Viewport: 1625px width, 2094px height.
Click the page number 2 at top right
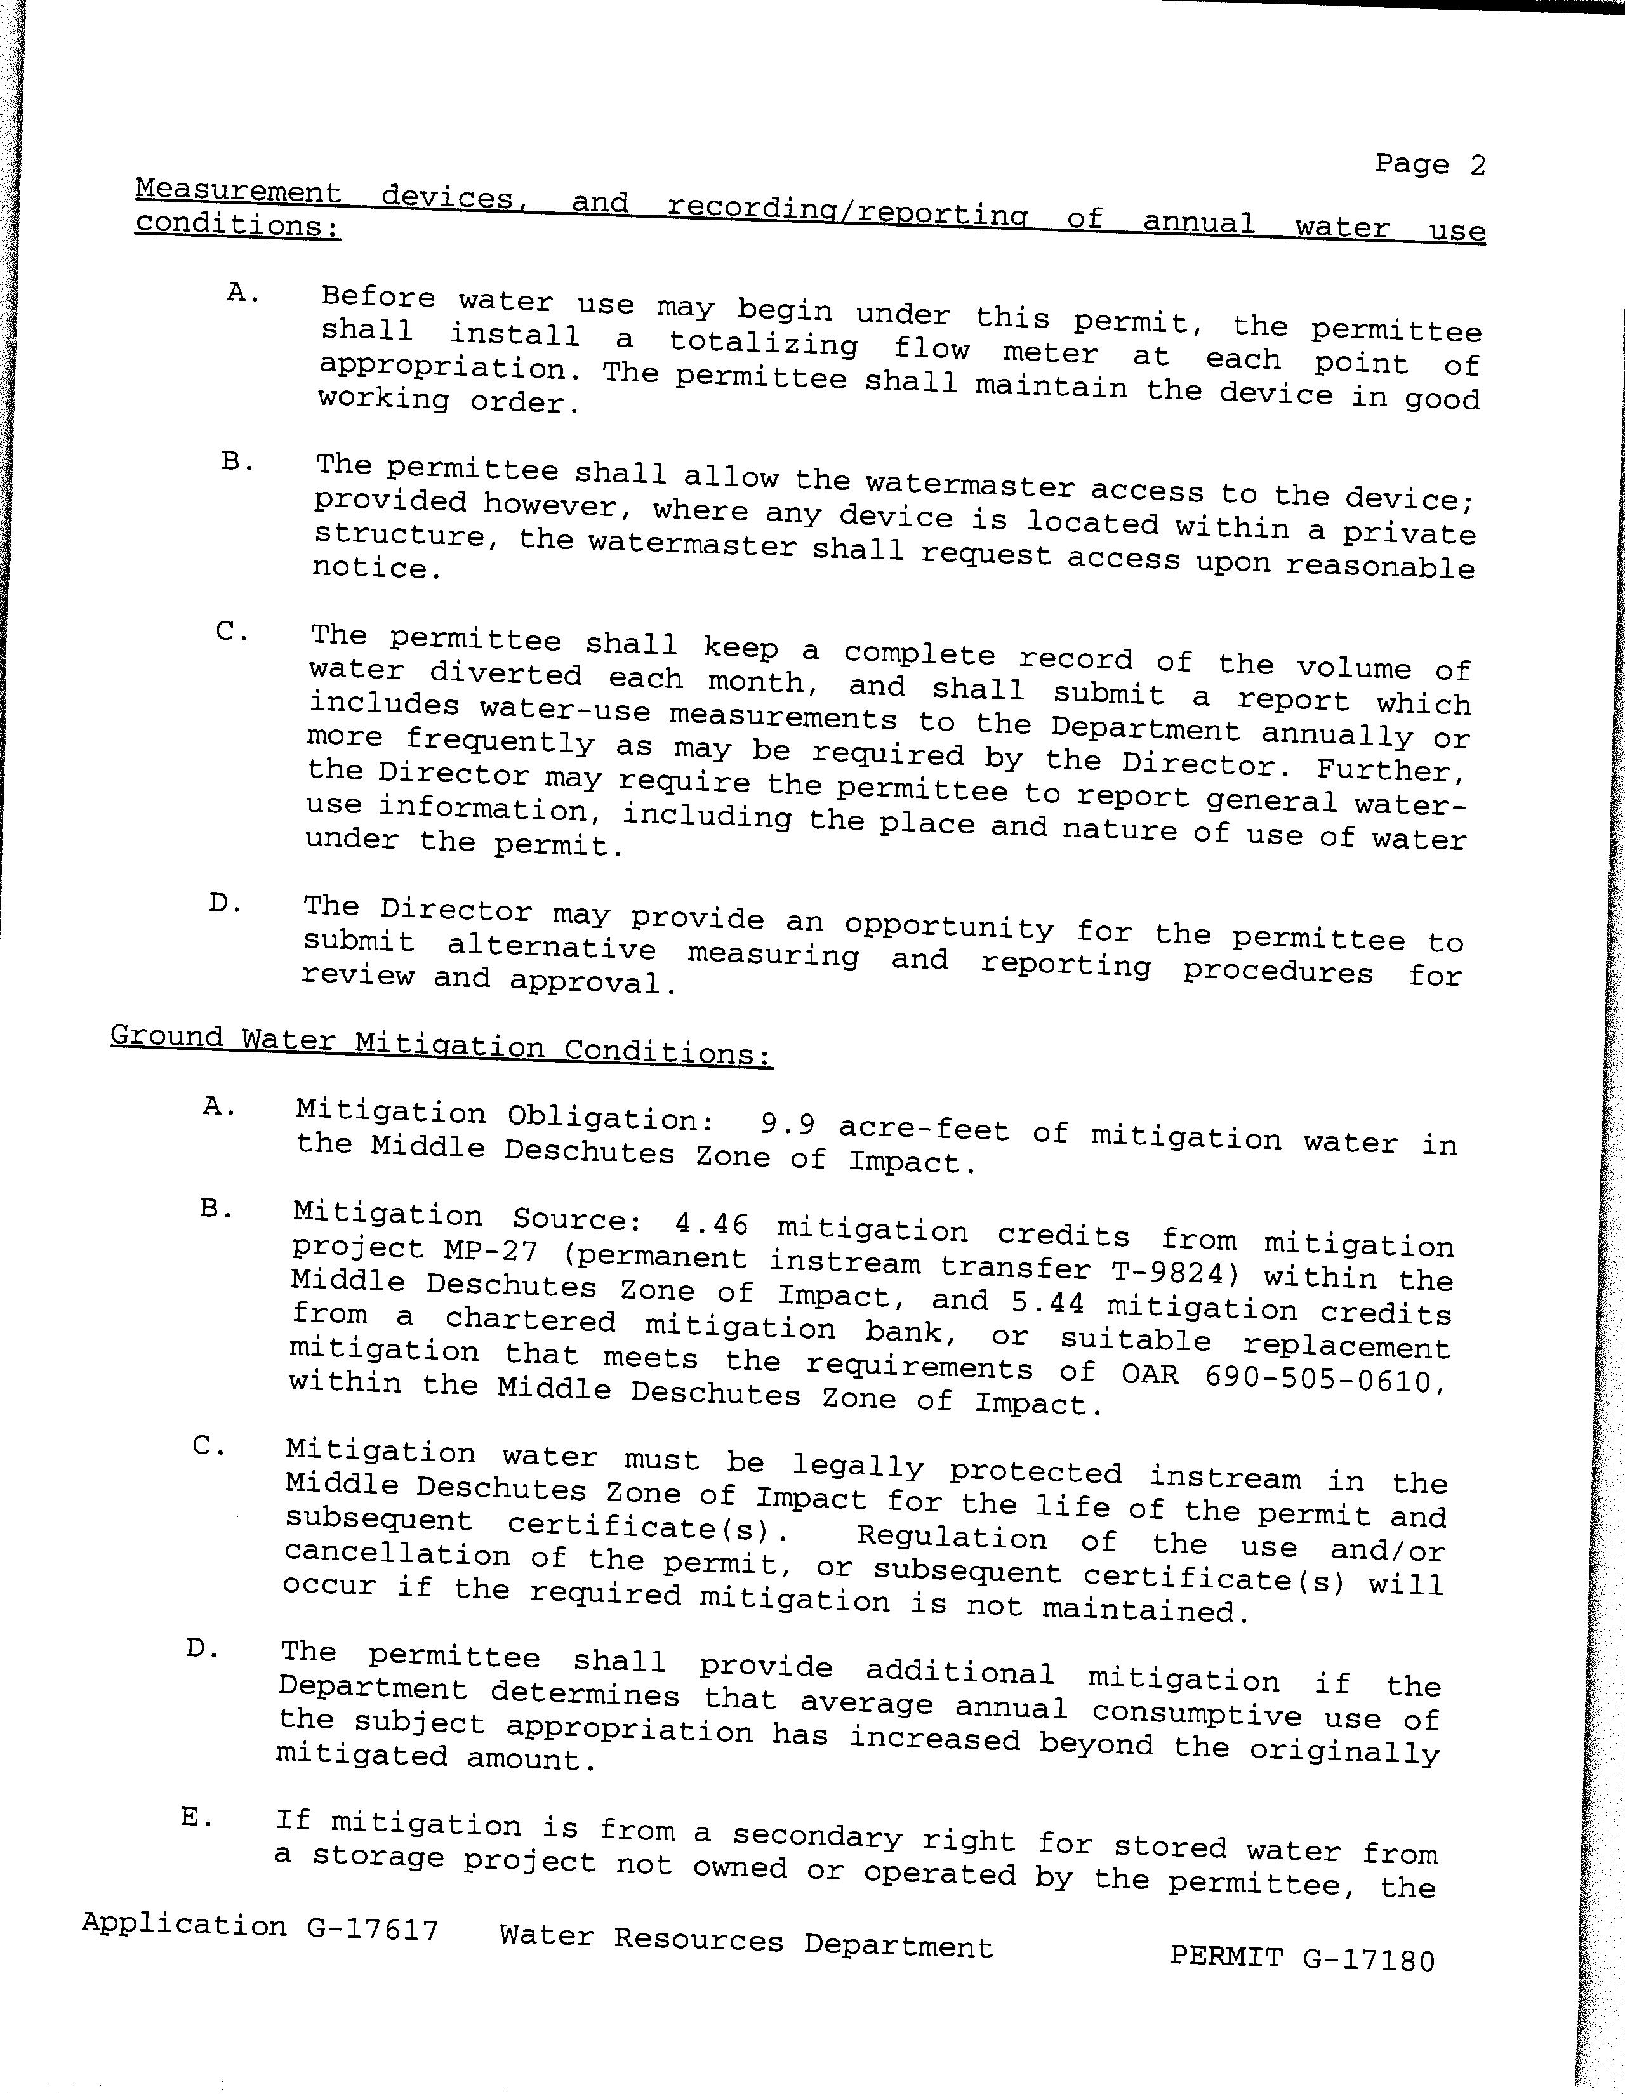point(1476,165)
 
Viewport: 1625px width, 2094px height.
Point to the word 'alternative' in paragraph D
point(551,947)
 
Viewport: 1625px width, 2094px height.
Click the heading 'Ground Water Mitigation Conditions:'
point(441,1044)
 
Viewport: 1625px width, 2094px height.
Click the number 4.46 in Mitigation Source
point(712,1224)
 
